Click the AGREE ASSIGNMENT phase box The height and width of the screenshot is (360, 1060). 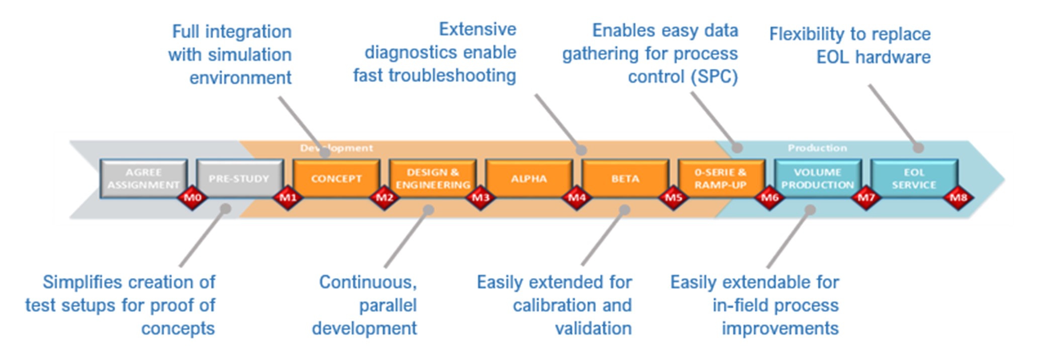click(x=144, y=178)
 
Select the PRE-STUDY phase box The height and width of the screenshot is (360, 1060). click(x=240, y=178)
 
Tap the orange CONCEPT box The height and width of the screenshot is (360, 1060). click(x=336, y=178)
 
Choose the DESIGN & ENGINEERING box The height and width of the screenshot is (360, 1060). click(x=433, y=178)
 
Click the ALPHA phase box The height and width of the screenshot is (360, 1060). click(x=529, y=178)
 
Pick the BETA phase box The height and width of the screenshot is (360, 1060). click(x=625, y=178)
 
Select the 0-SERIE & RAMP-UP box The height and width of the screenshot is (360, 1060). click(x=721, y=178)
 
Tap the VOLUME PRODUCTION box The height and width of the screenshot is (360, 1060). click(x=818, y=178)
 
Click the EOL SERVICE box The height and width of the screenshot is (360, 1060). click(x=914, y=178)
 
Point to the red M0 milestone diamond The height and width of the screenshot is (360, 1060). click(x=192, y=198)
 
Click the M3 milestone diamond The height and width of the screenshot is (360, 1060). click(x=480, y=198)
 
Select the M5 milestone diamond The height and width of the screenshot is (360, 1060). click(x=673, y=198)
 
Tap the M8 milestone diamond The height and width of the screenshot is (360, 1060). click(x=958, y=198)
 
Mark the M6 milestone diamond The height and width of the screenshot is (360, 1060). click(x=769, y=198)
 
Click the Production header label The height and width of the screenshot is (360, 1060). click(x=817, y=148)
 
